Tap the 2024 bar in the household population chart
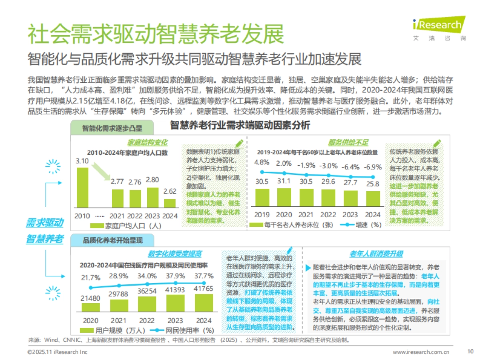(x=170, y=203)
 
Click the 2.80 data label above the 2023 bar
(x=153, y=180)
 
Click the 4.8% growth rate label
(x=262, y=163)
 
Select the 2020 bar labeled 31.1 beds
(x=284, y=196)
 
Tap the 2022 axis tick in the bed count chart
(x=328, y=215)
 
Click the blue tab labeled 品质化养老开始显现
(x=112, y=240)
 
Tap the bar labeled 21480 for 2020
(x=90, y=307)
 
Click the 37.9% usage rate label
(x=175, y=276)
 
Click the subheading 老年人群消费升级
(x=376, y=254)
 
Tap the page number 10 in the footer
(x=470, y=352)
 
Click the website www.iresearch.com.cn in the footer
(x=421, y=352)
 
